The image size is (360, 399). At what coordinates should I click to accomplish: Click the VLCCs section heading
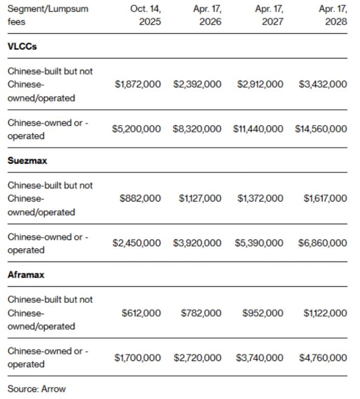click(x=22, y=46)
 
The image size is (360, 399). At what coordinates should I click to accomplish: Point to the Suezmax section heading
click(x=28, y=161)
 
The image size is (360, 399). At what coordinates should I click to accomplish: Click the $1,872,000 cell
click(x=138, y=84)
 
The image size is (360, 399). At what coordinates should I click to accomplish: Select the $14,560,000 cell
click(x=321, y=129)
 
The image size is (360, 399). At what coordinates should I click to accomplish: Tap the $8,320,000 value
click(x=197, y=129)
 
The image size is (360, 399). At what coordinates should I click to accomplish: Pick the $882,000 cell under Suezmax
click(x=141, y=198)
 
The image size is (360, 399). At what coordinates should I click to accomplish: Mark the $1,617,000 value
click(x=325, y=198)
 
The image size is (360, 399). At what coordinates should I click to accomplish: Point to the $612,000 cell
click(x=141, y=313)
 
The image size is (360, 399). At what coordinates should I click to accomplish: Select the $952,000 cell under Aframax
click(x=263, y=313)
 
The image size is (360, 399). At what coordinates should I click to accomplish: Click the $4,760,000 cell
click(x=323, y=357)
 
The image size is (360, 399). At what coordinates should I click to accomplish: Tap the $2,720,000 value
click(x=197, y=357)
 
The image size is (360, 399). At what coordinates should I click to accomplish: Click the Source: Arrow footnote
click(x=37, y=389)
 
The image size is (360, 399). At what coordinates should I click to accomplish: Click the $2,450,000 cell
click(x=137, y=243)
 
